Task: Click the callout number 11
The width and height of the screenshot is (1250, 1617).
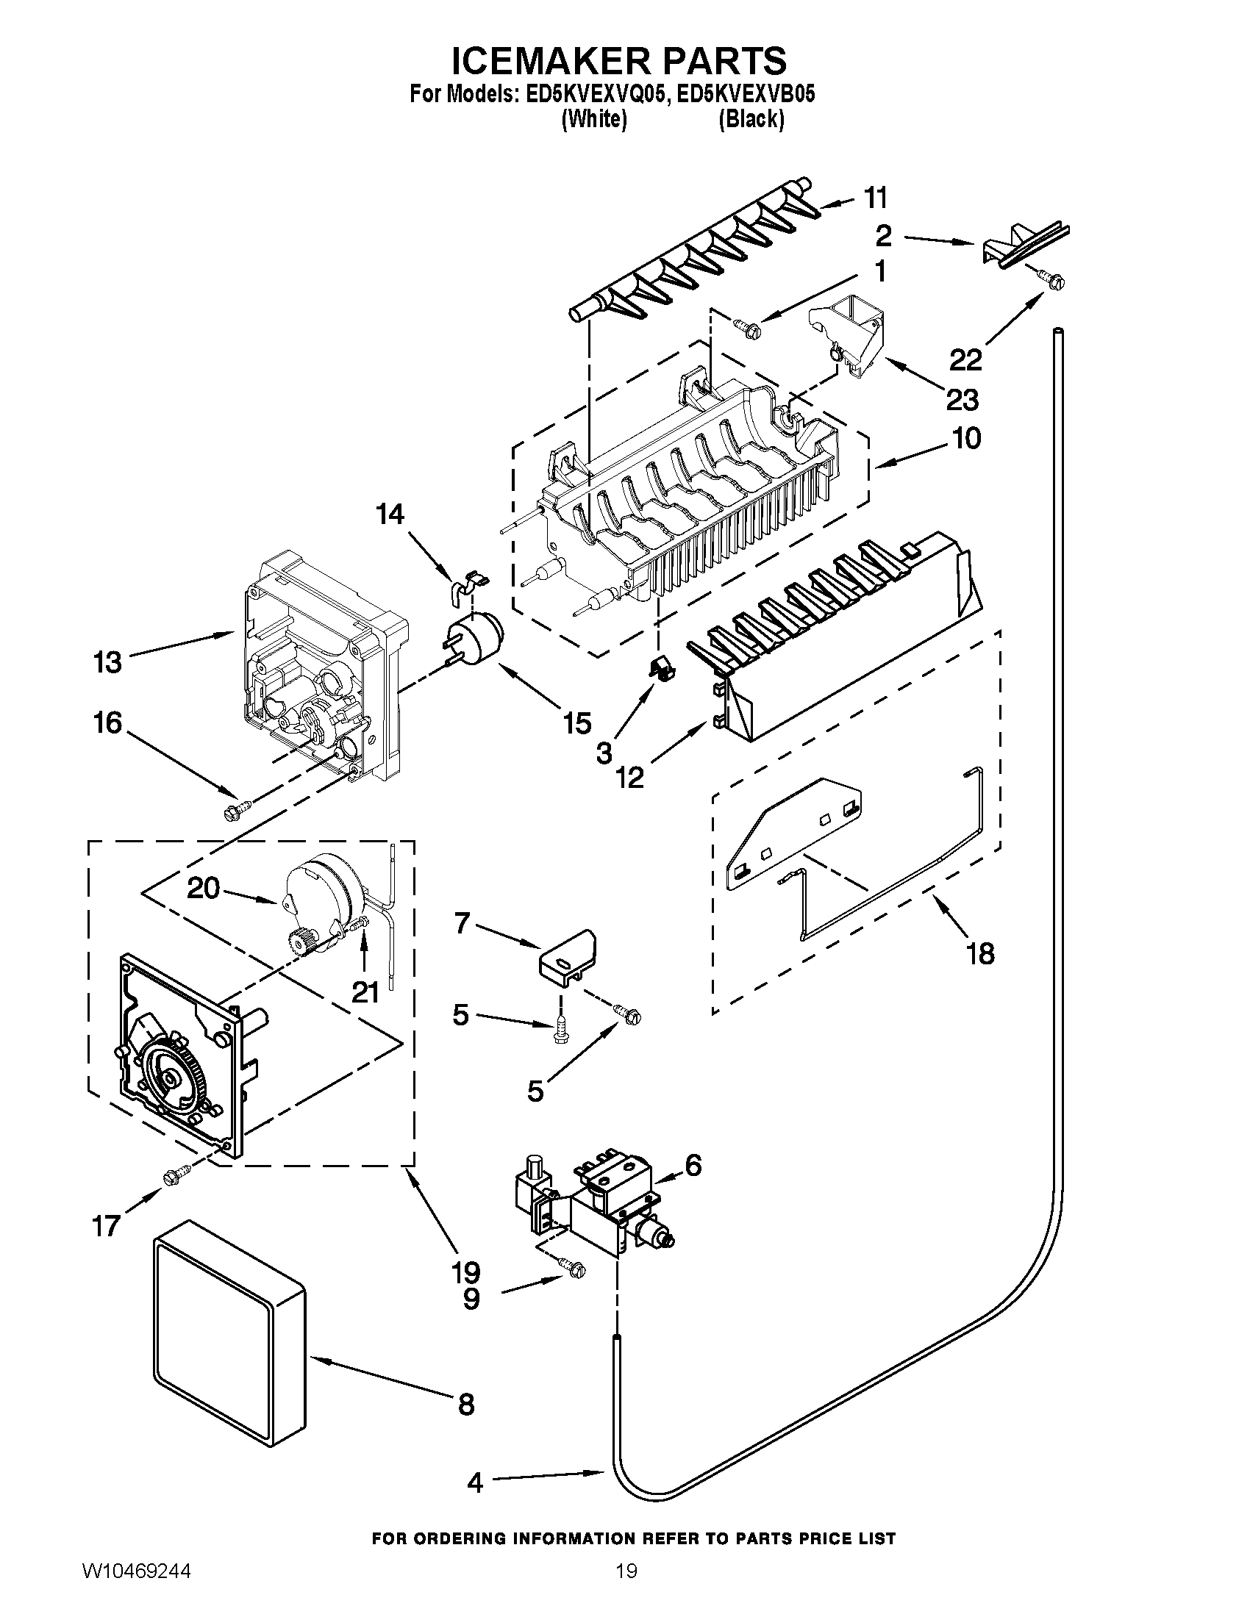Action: tap(875, 198)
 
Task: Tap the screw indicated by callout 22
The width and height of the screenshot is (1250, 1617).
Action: tap(1052, 280)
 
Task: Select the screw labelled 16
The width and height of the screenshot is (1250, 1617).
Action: tap(237, 809)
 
